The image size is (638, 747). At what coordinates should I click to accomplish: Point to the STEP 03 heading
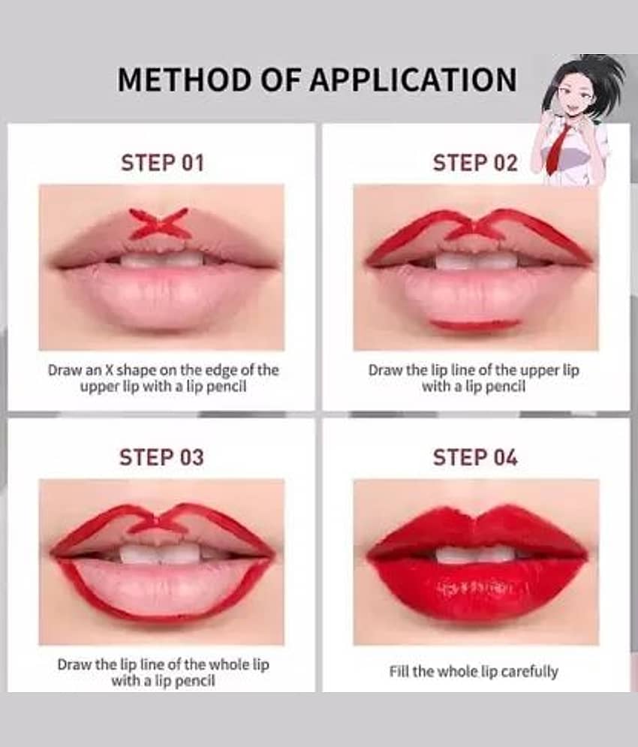(161, 457)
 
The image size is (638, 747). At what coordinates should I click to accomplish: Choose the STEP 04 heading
(475, 457)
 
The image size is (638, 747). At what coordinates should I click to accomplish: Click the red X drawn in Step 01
(161, 224)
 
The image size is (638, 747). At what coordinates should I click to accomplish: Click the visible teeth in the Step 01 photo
(161, 260)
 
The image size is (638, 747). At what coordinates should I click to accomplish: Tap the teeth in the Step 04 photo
(475, 555)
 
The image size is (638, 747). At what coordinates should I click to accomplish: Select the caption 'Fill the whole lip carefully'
(474, 672)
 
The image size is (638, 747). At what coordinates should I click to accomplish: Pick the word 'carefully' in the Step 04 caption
(529, 672)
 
